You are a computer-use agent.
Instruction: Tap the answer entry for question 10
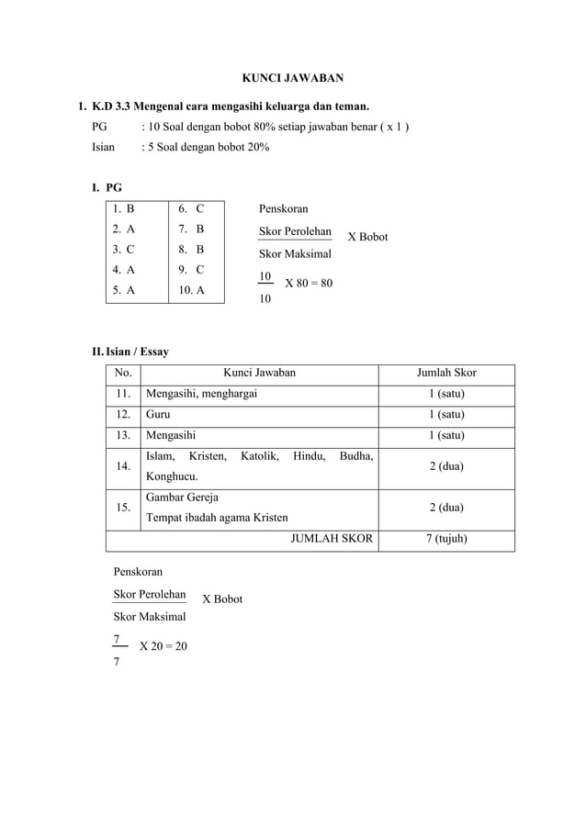191,290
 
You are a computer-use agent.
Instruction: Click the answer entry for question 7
191,229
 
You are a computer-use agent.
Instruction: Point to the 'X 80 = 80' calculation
309,284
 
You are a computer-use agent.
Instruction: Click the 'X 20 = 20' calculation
163,646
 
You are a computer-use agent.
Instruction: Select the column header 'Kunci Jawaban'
260,373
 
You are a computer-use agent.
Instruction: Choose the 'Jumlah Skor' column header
446,373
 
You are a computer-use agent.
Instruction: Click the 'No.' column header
123,373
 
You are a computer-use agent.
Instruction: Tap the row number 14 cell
123,466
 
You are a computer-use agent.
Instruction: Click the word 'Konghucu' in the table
171,476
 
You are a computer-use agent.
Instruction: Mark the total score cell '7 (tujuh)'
445,539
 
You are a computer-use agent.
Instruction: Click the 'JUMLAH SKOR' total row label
332,539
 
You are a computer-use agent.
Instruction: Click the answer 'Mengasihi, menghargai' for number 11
201,394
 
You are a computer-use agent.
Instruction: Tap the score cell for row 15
445,508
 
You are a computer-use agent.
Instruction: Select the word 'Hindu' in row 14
308,456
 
